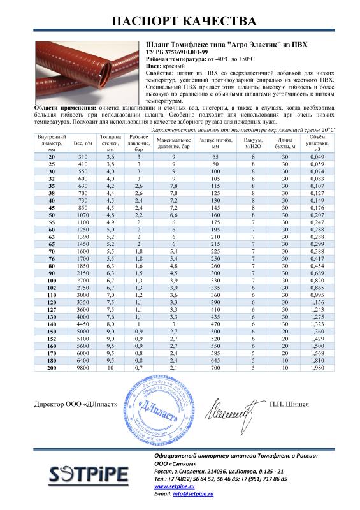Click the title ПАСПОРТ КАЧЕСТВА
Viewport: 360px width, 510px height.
[x=180, y=21]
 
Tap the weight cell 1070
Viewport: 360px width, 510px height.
[x=82, y=216]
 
